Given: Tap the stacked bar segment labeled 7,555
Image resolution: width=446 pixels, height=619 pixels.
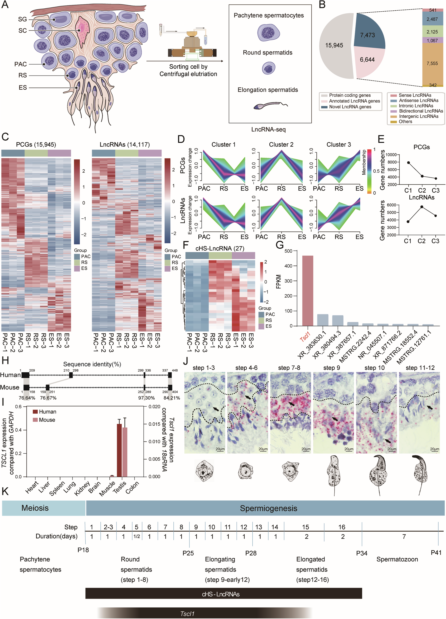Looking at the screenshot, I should [432, 64].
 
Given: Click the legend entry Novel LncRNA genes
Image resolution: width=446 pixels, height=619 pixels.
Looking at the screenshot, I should [350, 107].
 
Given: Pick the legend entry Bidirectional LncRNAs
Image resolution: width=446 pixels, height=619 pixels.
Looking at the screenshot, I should [421, 111].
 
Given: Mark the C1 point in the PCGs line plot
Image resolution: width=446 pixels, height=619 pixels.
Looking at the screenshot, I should [408, 163].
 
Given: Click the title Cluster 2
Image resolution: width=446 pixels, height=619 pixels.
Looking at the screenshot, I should [281, 145].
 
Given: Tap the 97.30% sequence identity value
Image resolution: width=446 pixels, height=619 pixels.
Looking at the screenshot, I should [146, 398].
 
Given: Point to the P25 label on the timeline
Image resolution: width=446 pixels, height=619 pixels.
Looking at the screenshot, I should [188, 553].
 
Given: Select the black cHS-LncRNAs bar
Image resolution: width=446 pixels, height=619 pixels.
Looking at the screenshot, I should [224, 594].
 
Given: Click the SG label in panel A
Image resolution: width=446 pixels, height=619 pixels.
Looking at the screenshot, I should [23, 19].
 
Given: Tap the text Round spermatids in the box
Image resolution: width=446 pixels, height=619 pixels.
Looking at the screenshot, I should [267, 53].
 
